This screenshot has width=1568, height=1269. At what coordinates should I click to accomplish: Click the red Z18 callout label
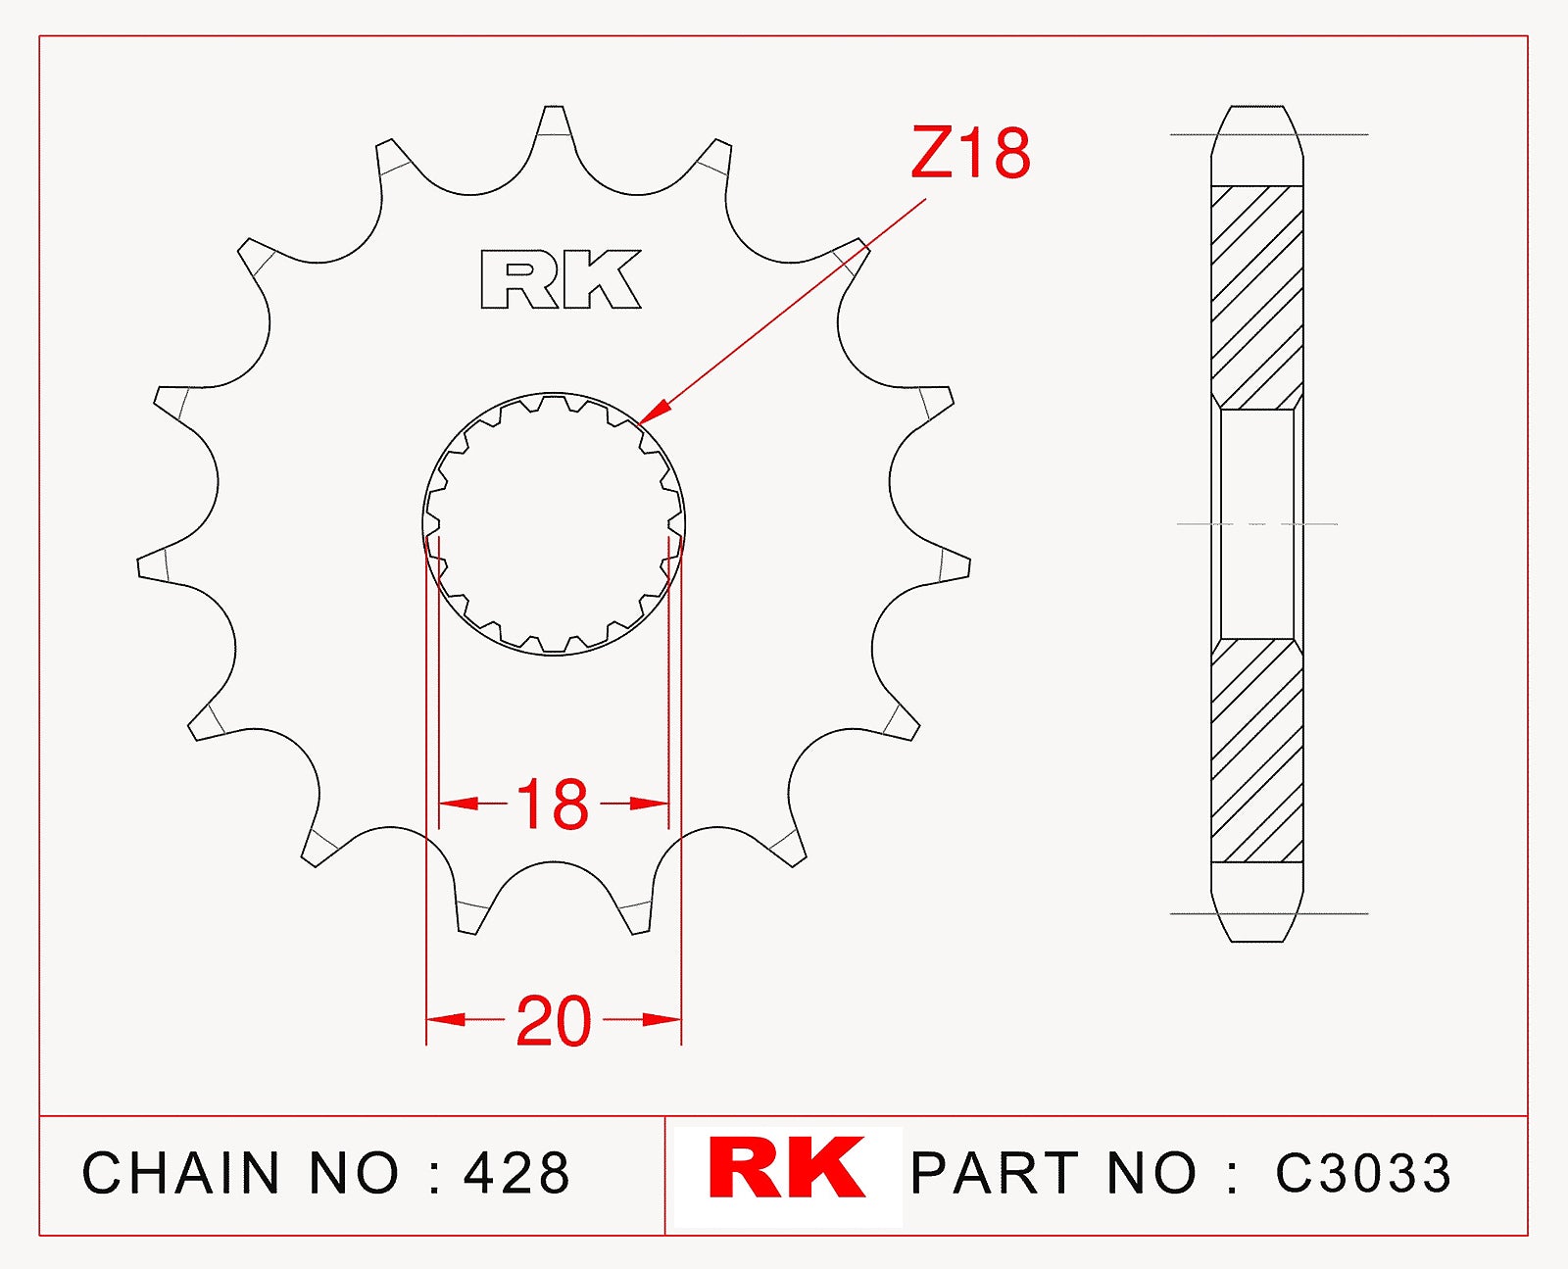[x=970, y=154]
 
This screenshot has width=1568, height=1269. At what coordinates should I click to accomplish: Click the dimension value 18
[x=553, y=805]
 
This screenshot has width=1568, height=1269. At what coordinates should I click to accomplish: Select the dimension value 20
[x=554, y=1022]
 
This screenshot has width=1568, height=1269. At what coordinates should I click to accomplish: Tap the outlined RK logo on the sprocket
[x=561, y=280]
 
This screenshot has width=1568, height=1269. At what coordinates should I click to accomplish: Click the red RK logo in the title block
[x=787, y=1168]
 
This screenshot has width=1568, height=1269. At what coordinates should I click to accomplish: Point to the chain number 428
[x=516, y=1173]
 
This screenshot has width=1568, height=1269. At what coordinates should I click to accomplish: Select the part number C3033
[x=1363, y=1173]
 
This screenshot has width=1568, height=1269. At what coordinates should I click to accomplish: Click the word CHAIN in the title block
[x=181, y=1173]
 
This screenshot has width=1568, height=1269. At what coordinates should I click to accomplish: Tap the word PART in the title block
[x=995, y=1173]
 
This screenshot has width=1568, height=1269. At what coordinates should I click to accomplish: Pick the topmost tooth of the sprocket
[x=554, y=122]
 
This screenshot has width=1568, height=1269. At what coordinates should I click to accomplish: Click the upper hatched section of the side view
[x=1257, y=296]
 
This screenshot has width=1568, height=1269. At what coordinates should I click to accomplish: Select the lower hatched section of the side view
[x=1257, y=751]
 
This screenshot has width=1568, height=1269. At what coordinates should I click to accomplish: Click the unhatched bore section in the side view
[x=1257, y=524]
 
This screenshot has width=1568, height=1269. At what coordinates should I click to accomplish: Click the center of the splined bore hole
[x=554, y=524]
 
